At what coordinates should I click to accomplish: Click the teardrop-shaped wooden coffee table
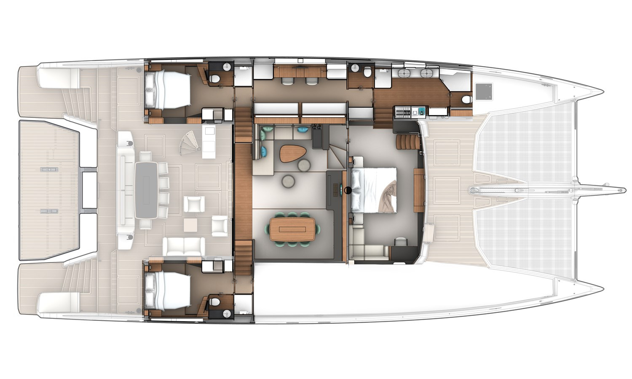[x=289, y=154]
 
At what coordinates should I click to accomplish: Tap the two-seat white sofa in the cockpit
[x=184, y=246]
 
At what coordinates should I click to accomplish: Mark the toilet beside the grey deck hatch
[x=466, y=99]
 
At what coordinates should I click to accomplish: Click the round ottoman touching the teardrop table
[x=303, y=165]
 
